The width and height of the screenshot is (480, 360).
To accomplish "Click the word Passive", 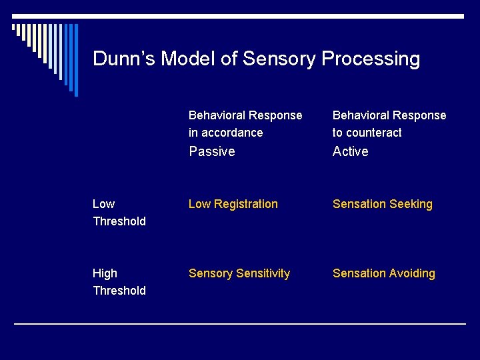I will tap(212, 151).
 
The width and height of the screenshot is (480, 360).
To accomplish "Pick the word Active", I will tap(350, 151).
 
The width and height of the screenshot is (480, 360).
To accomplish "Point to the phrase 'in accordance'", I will tap(225, 133).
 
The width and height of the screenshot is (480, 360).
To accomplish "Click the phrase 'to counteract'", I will tap(367, 133).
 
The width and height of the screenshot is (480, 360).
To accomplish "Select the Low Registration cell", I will tap(233, 204).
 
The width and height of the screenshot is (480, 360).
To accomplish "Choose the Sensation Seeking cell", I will tap(382, 204).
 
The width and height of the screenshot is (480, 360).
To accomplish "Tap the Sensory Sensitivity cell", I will tap(239, 273).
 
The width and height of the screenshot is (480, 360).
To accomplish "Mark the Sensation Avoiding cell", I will tap(383, 273).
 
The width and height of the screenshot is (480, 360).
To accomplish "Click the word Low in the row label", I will tap(103, 204).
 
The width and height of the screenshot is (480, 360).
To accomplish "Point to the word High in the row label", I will tap(105, 273).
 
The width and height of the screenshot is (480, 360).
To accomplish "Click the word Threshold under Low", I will tap(119, 221).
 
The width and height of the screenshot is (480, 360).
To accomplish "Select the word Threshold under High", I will tap(119, 291).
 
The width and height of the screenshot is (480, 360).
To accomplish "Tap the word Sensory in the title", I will tap(279, 59).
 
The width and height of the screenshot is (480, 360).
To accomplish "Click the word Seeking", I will tap(411, 204).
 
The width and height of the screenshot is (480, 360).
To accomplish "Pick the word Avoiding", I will tap(412, 273).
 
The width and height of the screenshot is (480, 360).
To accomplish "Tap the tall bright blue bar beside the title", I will tap(75, 60).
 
